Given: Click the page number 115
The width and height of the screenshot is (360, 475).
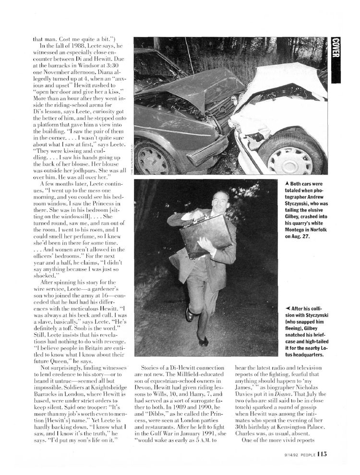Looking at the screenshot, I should (x=322, y=454).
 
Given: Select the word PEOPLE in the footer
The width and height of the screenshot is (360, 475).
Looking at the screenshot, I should (x=303, y=455).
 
